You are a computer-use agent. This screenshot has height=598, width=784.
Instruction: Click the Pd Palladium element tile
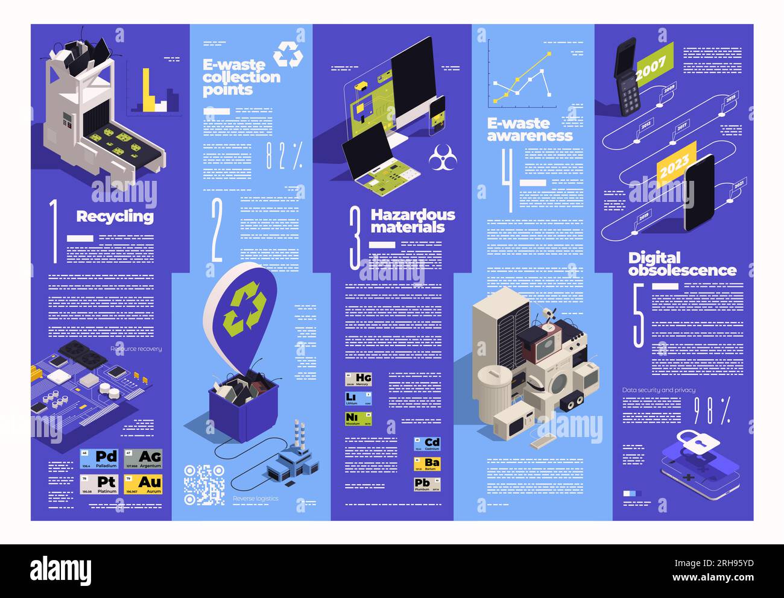click(x=99, y=459)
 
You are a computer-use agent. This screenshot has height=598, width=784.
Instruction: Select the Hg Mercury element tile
click(x=358, y=379)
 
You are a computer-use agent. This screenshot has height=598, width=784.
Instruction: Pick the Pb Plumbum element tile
click(x=427, y=484)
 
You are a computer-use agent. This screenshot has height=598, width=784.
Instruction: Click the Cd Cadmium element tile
click(x=427, y=444)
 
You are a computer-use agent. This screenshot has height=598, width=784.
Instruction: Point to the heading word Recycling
click(x=115, y=216)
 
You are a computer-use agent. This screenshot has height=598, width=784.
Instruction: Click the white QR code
click(x=204, y=484)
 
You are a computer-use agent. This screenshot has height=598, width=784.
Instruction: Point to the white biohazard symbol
click(x=442, y=160)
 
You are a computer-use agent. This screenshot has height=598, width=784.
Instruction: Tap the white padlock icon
click(x=698, y=441)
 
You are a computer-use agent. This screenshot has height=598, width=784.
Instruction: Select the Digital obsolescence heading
click(x=681, y=264)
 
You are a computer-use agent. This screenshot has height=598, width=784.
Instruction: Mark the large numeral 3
click(x=356, y=238)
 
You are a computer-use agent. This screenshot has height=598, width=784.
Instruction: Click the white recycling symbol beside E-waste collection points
click(x=288, y=55)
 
